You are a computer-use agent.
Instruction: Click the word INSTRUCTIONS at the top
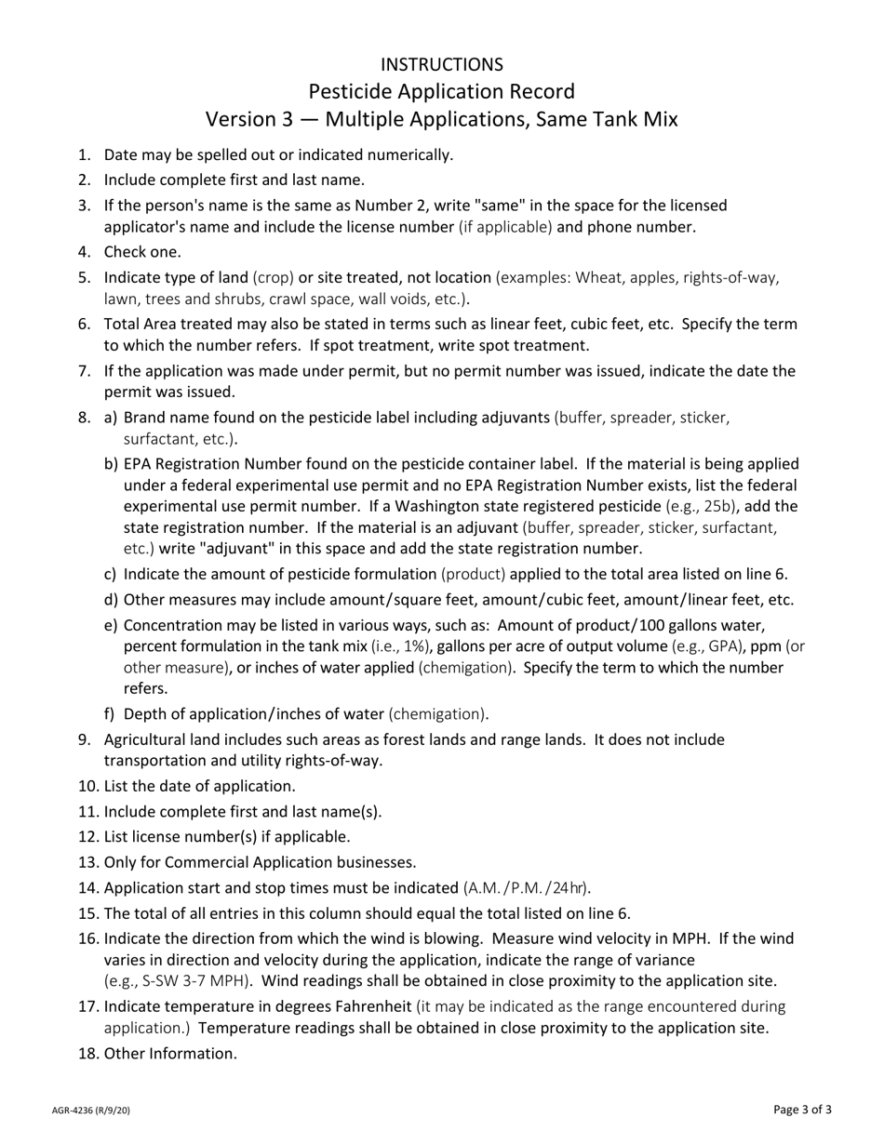(x=441, y=64)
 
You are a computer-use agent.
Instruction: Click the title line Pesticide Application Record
(x=441, y=91)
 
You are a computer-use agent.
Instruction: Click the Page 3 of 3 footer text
(x=802, y=1109)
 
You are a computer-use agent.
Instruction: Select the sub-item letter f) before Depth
(x=110, y=714)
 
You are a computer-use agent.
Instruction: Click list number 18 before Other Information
(x=88, y=1053)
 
